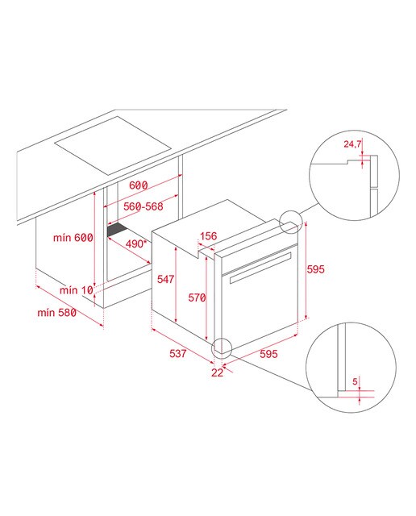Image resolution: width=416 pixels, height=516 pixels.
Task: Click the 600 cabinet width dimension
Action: pyautogui.click(x=138, y=185)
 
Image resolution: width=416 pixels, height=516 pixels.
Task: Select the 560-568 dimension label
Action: pyautogui.click(x=144, y=206)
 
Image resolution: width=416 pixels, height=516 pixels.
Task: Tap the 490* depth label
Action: pyautogui.click(x=135, y=243)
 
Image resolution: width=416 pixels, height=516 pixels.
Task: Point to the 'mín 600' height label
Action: pyautogui.click(x=73, y=237)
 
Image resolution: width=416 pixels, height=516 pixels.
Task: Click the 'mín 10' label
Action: pyautogui.click(x=77, y=290)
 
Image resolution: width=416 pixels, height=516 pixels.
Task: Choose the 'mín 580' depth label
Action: pyautogui.click(x=57, y=312)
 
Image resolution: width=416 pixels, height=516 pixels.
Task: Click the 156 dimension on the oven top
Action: pyautogui.click(x=209, y=236)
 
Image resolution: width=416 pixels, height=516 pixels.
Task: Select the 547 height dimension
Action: pyautogui.click(x=165, y=279)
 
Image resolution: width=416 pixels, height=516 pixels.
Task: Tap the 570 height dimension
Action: pyautogui.click(x=197, y=298)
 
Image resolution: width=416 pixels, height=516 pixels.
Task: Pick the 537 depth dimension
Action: pyautogui.click(x=178, y=353)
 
